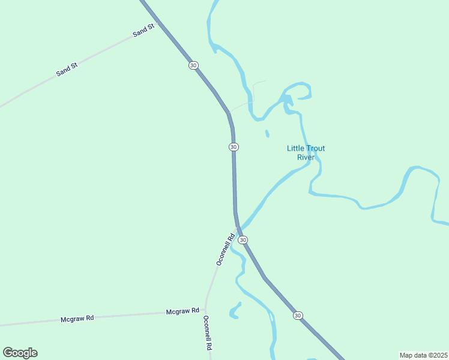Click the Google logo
coord(20,353)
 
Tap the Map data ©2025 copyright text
coord(423,355)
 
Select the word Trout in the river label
coord(316,148)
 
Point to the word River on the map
coord(306,157)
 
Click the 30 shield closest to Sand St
coord(193,65)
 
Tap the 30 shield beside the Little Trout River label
coord(234,147)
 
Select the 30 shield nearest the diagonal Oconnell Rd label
coord(243,239)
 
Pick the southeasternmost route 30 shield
coord(298,316)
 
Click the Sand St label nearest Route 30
coord(144,30)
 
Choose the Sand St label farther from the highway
coord(67,69)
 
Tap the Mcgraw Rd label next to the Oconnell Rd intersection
coord(182,311)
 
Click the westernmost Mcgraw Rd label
coord(77,319)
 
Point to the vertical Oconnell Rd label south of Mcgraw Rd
coord(208,333)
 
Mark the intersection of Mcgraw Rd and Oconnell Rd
coord(205,310)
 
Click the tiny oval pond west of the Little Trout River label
coord(267,133)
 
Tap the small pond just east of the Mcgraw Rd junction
coord(235,310)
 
